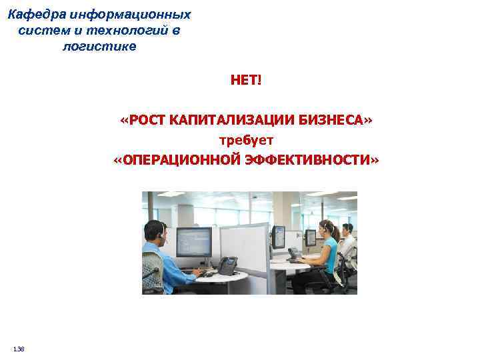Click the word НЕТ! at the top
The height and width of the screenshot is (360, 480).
click(x=247, y=81)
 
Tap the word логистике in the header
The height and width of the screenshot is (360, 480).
click(x=99, y=47)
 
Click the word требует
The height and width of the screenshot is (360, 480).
click(x=247, y=141)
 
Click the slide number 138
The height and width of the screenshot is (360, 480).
click(x=19, y=349)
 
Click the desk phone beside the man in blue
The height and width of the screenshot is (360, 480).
click(x=227, y=265)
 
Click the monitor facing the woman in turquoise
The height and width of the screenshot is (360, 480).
click(x=279, y=237)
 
